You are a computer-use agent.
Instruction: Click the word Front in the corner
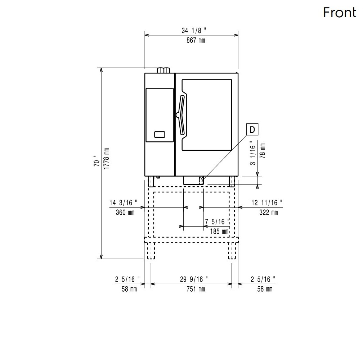340,13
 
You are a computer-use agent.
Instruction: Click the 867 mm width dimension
196,41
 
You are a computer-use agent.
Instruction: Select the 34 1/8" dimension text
194,31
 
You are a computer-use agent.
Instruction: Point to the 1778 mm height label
106,159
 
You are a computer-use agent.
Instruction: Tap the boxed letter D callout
252,129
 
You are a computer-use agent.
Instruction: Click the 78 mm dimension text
263,151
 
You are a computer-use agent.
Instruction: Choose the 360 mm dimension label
125,212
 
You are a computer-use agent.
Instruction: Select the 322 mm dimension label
269,212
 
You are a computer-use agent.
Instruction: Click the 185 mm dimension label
219,231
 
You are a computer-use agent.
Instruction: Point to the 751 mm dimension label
196,289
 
